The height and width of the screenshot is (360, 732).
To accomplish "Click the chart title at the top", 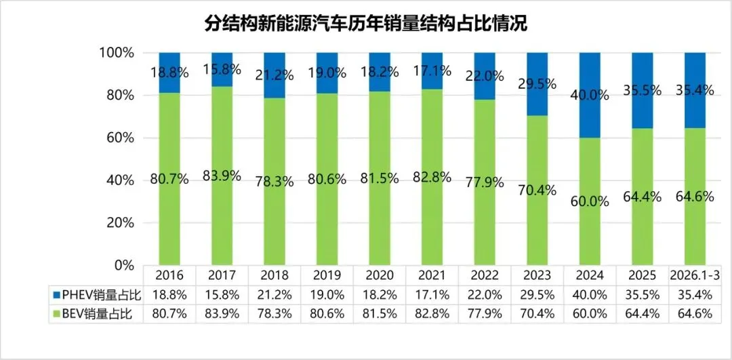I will point(365,24).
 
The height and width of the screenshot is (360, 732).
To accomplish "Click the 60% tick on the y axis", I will point(122,138).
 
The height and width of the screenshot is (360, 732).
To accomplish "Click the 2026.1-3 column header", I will point(695,276).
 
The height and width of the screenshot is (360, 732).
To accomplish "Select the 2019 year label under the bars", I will point(327,276).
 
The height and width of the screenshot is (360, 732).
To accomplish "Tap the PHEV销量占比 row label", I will point(95,295).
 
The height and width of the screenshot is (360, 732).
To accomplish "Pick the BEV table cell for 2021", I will point(432,313).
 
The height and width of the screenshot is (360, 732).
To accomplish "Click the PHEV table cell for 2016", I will point(170,295).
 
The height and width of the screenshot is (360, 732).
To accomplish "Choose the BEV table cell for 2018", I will point(275,313).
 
